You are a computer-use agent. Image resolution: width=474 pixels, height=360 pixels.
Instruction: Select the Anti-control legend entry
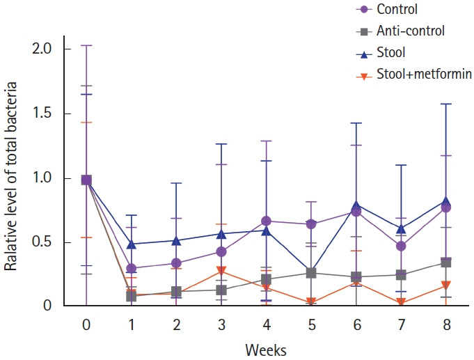point(410,31)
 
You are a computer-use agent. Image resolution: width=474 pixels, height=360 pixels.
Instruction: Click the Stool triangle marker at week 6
point(356,205)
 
